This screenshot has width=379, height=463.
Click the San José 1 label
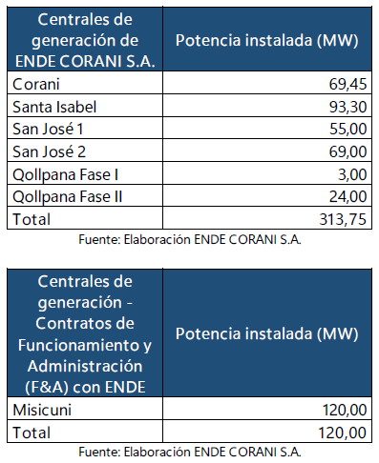pos(49,128)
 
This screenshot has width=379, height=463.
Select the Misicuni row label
pos(40,411)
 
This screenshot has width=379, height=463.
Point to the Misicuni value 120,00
pos(341,411)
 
